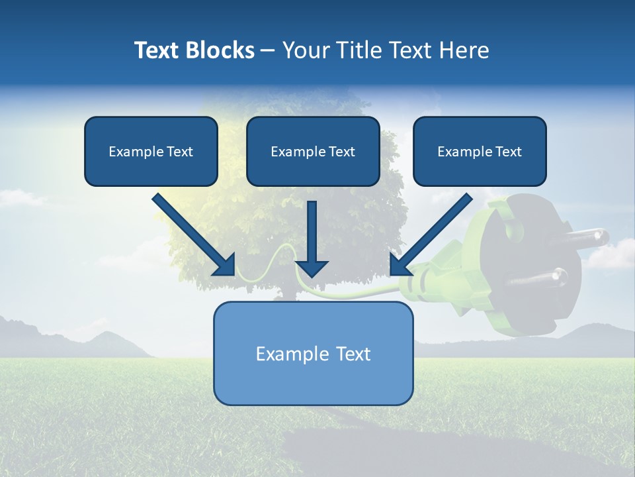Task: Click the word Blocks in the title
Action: pos(219,50)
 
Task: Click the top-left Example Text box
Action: pos(151,151)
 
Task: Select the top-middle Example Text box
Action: pos(313,151)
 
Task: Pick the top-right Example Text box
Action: pos(480,151)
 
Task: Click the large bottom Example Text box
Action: pos(313,353)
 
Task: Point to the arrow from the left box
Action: pos(192,233)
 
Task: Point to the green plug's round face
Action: pos(523,265)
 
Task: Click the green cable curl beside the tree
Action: pos(281,255)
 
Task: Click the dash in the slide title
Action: pos(268,50)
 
